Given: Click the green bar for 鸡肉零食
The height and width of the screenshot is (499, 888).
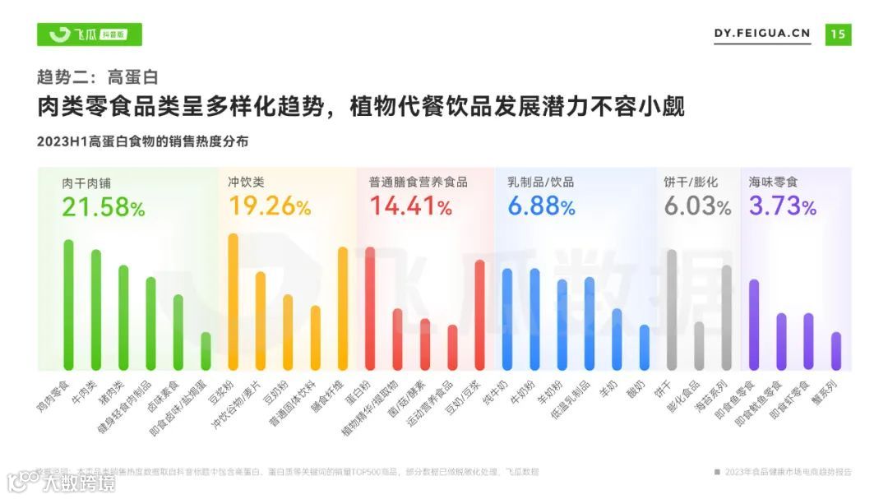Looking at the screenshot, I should click(68, 305).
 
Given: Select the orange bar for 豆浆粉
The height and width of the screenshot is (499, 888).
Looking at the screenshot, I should click(233, 302).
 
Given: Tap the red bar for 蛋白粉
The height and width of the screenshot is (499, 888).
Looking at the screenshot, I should click(370, 308).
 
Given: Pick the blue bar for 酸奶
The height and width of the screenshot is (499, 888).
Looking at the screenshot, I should click(644, 347).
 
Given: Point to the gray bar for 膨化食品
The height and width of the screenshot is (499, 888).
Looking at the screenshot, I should click(699, 345).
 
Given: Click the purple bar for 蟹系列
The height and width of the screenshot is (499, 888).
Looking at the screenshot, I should click(836, 351).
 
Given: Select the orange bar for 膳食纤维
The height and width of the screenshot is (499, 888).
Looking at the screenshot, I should click(343, 308).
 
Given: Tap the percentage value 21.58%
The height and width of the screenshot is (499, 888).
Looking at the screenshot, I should click(104, 207).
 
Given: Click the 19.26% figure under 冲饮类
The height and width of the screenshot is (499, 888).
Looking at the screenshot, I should click(269, 207).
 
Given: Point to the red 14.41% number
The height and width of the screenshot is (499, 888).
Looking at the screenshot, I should click(410, 207).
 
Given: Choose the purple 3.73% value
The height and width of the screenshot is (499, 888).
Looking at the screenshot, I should click(782, 207).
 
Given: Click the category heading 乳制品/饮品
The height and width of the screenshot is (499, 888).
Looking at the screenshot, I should click(540, 182).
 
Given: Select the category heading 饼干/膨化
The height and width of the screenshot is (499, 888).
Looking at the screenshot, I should click(691, 182).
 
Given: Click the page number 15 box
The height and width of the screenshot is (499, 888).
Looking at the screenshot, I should click(838, 34).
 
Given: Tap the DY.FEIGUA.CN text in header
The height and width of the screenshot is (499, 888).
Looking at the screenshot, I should click(761, 34).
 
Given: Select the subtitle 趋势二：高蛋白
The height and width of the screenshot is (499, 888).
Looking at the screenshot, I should click(97, 77).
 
